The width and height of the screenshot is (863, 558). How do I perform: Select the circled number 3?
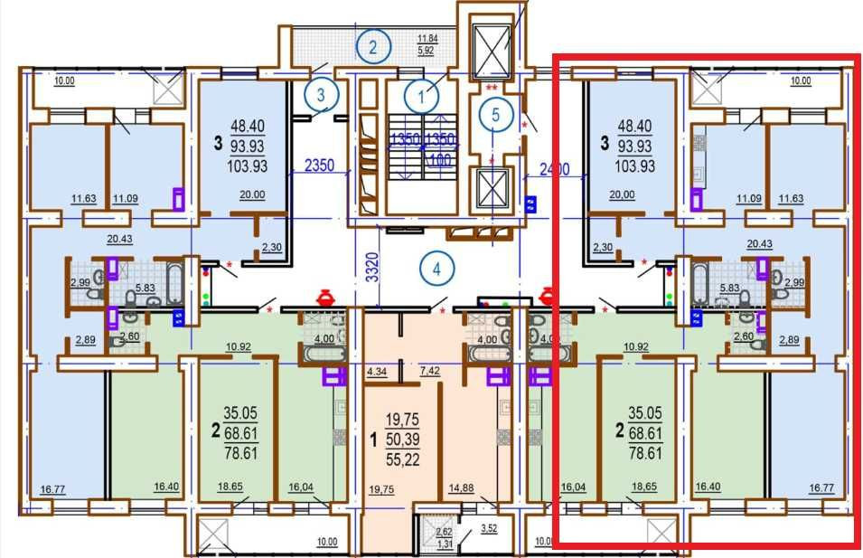(320, 92)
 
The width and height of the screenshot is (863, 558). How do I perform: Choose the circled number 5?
(493, 114)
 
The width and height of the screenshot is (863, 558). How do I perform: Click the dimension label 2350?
(319, 166)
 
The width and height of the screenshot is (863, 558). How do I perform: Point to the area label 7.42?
(430, 371)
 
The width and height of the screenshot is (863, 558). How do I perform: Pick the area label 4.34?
(377, 371)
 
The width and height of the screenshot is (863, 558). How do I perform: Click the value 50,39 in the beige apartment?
(402, 440)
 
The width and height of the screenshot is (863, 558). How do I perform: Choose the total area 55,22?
(402, 460)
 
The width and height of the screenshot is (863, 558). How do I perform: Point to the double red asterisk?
(492, 88)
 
